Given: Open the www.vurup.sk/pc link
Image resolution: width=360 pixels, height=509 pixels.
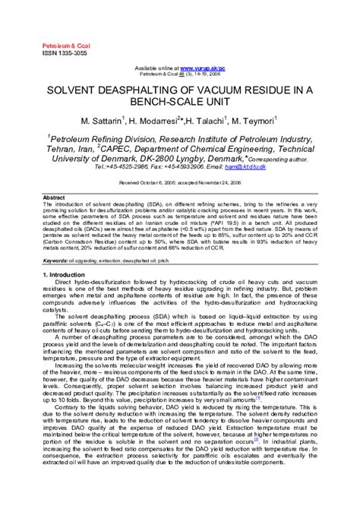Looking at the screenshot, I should point(208,68).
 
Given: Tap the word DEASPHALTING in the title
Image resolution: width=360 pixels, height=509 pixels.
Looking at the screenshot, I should point(157,90).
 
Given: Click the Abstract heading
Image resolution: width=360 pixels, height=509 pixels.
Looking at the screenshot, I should point(54,198).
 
